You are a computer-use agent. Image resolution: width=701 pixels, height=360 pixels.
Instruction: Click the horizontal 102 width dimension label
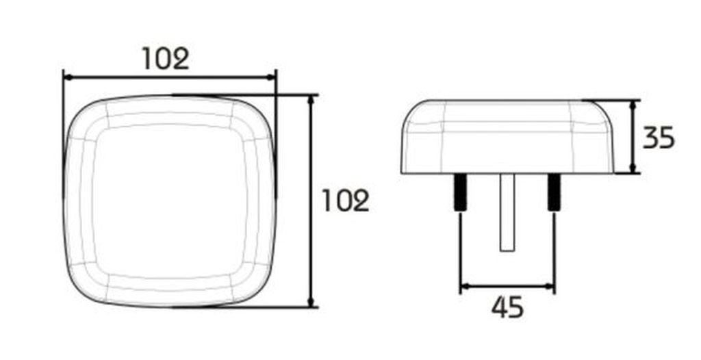coord(166,59)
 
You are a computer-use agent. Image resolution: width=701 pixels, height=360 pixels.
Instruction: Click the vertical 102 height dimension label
coord(346,201)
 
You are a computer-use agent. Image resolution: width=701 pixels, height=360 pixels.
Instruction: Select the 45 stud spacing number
coord(507,307)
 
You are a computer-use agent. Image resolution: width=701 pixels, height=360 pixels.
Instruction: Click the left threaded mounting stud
coord(460,192)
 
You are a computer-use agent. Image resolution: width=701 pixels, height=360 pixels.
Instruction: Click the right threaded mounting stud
coord(554,192)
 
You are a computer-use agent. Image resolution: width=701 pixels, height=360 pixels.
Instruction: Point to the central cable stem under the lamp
coord(507,212)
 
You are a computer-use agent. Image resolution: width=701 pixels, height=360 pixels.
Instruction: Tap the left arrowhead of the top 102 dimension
coord(68,77)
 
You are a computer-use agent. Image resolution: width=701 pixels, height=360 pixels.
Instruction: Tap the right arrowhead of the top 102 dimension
coord(271,77)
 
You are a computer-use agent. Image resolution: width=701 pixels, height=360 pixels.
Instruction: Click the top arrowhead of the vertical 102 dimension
coord(311,100)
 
